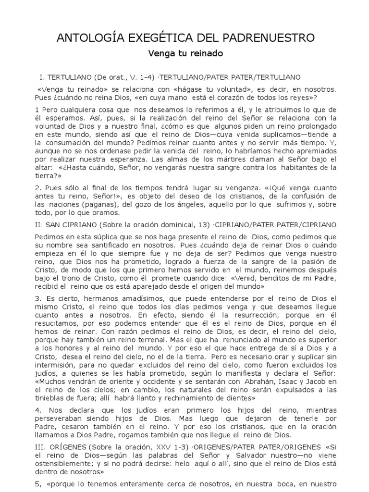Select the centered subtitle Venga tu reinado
coord(184,54)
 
